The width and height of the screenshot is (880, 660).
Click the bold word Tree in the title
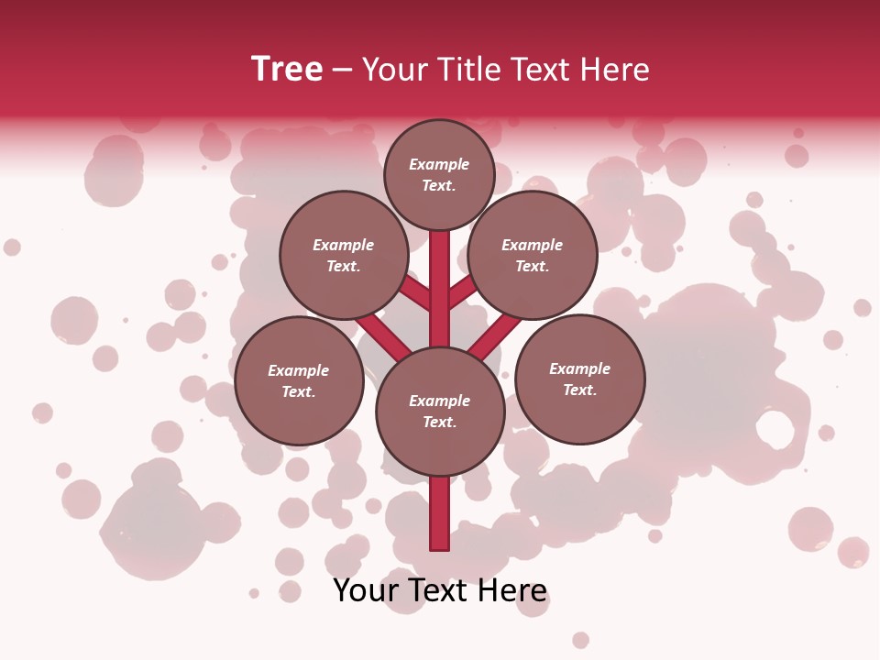click(287, 69)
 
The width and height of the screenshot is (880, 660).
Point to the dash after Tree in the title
click(342, 71)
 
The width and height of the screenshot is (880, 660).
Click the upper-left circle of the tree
click(343, 255)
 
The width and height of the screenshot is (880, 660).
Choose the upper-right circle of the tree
click(533, 255)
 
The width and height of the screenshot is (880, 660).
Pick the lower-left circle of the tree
click(299, 380)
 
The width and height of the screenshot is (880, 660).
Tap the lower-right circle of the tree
click(579, 379)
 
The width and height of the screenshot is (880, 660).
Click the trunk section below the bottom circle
click(440, 513)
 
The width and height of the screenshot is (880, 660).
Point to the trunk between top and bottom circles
click(440, 289)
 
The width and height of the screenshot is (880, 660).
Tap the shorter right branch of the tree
click(462, 292)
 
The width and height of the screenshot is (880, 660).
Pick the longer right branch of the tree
click(495, 335)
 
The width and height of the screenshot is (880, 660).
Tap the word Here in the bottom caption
click(514, 590)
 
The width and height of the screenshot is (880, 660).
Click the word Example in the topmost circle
click(439, 164)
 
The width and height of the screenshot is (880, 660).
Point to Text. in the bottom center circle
click(439, 423)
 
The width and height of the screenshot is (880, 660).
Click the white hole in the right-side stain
click(775, 429)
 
